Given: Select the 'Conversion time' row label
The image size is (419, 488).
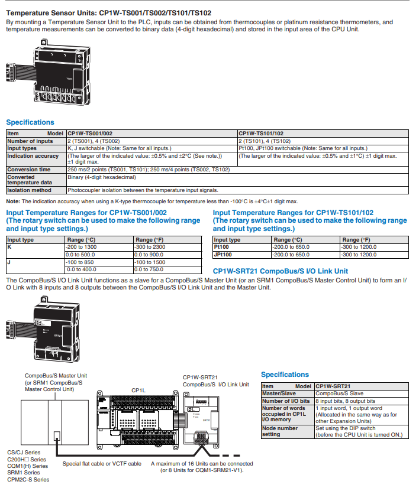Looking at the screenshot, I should point(29,170).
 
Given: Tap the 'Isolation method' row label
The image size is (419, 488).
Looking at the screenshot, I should point(29,190).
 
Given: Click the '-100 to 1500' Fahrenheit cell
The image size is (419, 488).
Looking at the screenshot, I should point(150,262).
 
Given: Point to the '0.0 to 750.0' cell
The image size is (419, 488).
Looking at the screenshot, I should point(149,269).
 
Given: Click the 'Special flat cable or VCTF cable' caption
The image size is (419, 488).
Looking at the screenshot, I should point(102,464).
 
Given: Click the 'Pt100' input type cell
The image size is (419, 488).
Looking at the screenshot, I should point(223,247).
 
